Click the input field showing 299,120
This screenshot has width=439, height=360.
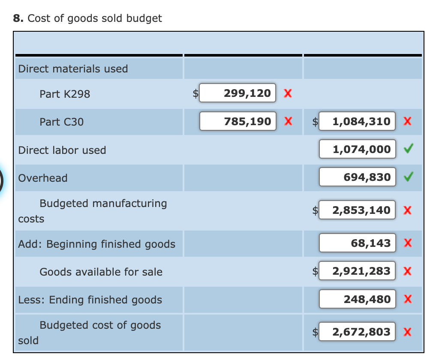[238, 93]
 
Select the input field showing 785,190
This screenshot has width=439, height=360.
[238, 122]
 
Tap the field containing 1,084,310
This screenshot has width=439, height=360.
[357, 122]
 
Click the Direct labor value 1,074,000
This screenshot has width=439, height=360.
[357, 150]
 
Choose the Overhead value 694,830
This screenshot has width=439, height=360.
[357, 177]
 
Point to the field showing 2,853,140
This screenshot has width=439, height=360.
[357, 210]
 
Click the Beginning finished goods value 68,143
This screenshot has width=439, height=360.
[357, 243]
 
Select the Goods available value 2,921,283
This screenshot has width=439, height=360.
[357, 271]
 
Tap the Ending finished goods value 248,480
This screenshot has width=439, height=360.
[357, 299]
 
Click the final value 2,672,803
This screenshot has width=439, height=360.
[357, 332]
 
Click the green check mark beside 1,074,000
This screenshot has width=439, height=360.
[409, 150]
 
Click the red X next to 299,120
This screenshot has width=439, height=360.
[288, 93]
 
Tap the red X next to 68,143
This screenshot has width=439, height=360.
[408, 243]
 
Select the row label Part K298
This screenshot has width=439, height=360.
[65, 94]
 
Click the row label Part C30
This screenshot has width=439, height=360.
[61, 122]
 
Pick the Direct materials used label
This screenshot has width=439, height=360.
[73, 69]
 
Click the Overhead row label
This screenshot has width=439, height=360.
[43, 178]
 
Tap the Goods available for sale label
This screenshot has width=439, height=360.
[101, 272]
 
